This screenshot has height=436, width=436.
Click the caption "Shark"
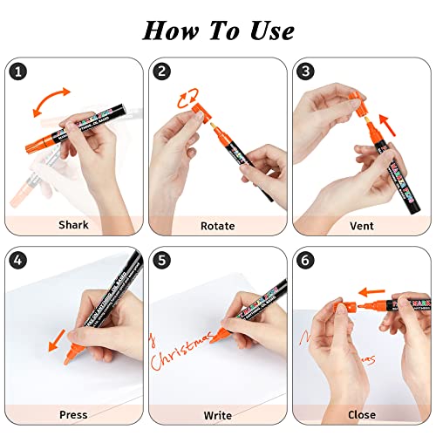tap(72, 226)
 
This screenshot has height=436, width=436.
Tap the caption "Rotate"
tap(217, 226)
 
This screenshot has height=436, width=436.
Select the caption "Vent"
tap(362, 226)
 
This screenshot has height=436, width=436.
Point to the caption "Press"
tap(72, 415)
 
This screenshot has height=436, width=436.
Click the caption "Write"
tap(217, 415)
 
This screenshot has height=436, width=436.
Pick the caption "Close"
tap(362, 415)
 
